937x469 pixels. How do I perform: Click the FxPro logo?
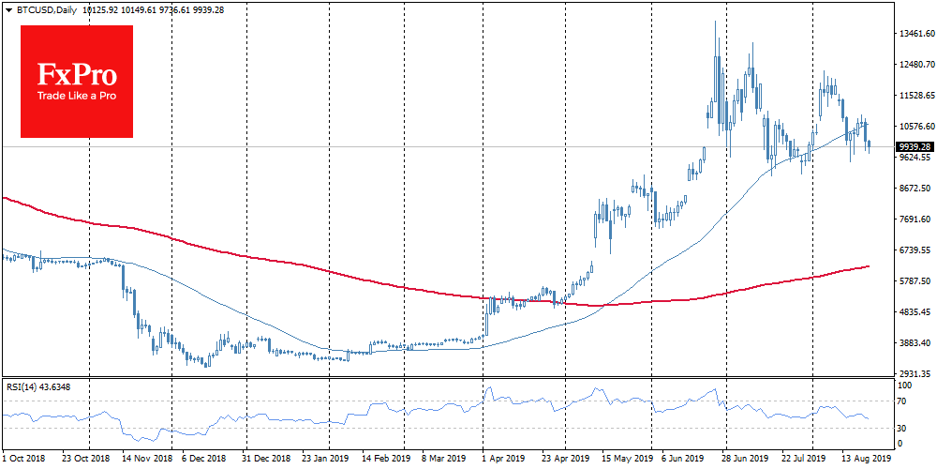tap(77, 81)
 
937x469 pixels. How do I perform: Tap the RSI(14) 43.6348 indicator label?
tap(39, 386)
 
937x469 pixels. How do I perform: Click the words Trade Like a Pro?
tap(77, 97)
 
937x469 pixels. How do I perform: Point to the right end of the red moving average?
tap(869, 266)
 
